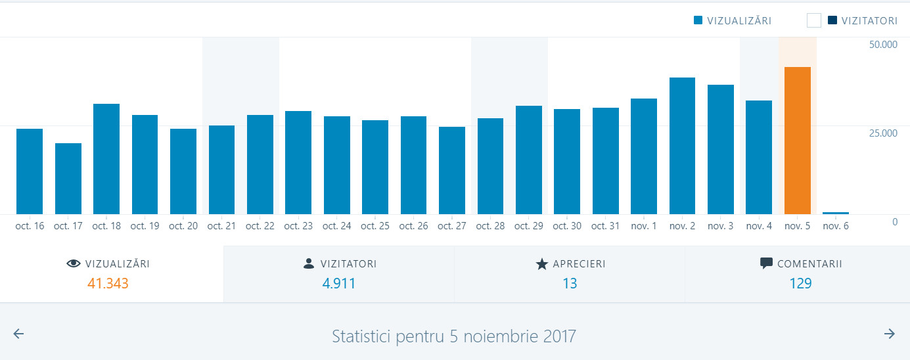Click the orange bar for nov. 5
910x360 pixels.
coord(797,141)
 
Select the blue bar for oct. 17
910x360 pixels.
coord(68,179)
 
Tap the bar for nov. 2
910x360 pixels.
coord(682,146)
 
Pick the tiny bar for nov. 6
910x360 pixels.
coord(836,213)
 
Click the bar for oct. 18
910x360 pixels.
coord(106,159)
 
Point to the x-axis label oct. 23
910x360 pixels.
coord(298,226)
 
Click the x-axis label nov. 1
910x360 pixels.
coord(644,226)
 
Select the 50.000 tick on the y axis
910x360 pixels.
coord(882,45)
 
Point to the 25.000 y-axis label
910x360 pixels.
coord(882,133)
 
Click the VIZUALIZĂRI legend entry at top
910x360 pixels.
coord(733,21)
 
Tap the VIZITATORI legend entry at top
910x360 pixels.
coord(863,21)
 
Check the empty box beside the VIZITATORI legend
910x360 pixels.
coord(814,21)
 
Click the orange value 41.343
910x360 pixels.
coord(108,284)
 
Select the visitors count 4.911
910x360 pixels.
coord(338,284)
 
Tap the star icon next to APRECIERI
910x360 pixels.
coord(541,264)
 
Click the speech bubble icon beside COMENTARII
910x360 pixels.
coord(766,263)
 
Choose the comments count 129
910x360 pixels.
coord(800,284)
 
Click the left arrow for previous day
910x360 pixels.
coord(18,334)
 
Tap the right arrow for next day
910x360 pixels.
coord(890,334)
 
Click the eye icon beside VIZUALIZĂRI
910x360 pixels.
coord(74,264)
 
